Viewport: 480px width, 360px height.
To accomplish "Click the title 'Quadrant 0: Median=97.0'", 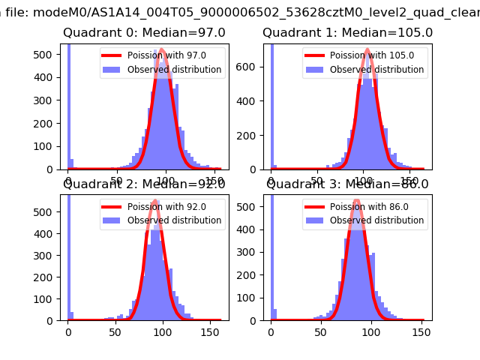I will click(144, 33).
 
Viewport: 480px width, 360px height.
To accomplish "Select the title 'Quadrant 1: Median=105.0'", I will click(347, 33).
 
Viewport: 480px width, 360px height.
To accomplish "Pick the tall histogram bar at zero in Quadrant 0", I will click(68, 105).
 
